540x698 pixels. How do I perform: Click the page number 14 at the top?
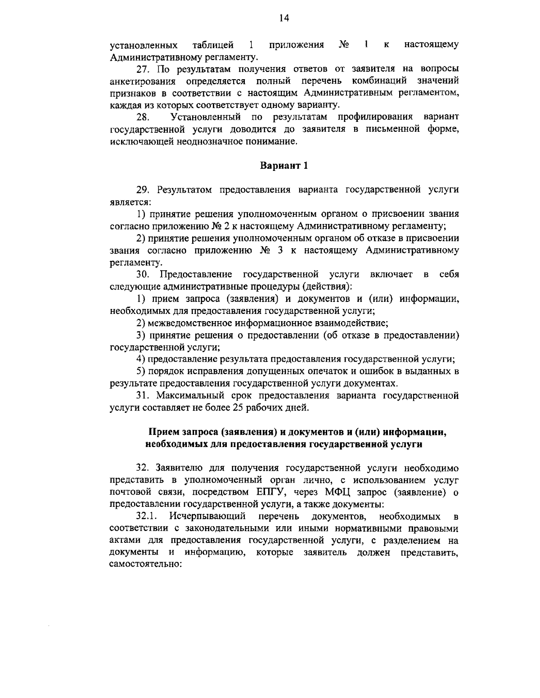coord(283,18)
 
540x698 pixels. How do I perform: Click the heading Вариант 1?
coord(284,166)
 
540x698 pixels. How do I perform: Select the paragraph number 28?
coord(143,117)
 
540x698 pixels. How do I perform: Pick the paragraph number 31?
coord(143,396)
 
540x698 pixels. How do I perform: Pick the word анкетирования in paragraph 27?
coord(144,81)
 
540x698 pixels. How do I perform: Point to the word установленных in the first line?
coord(144,45)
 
